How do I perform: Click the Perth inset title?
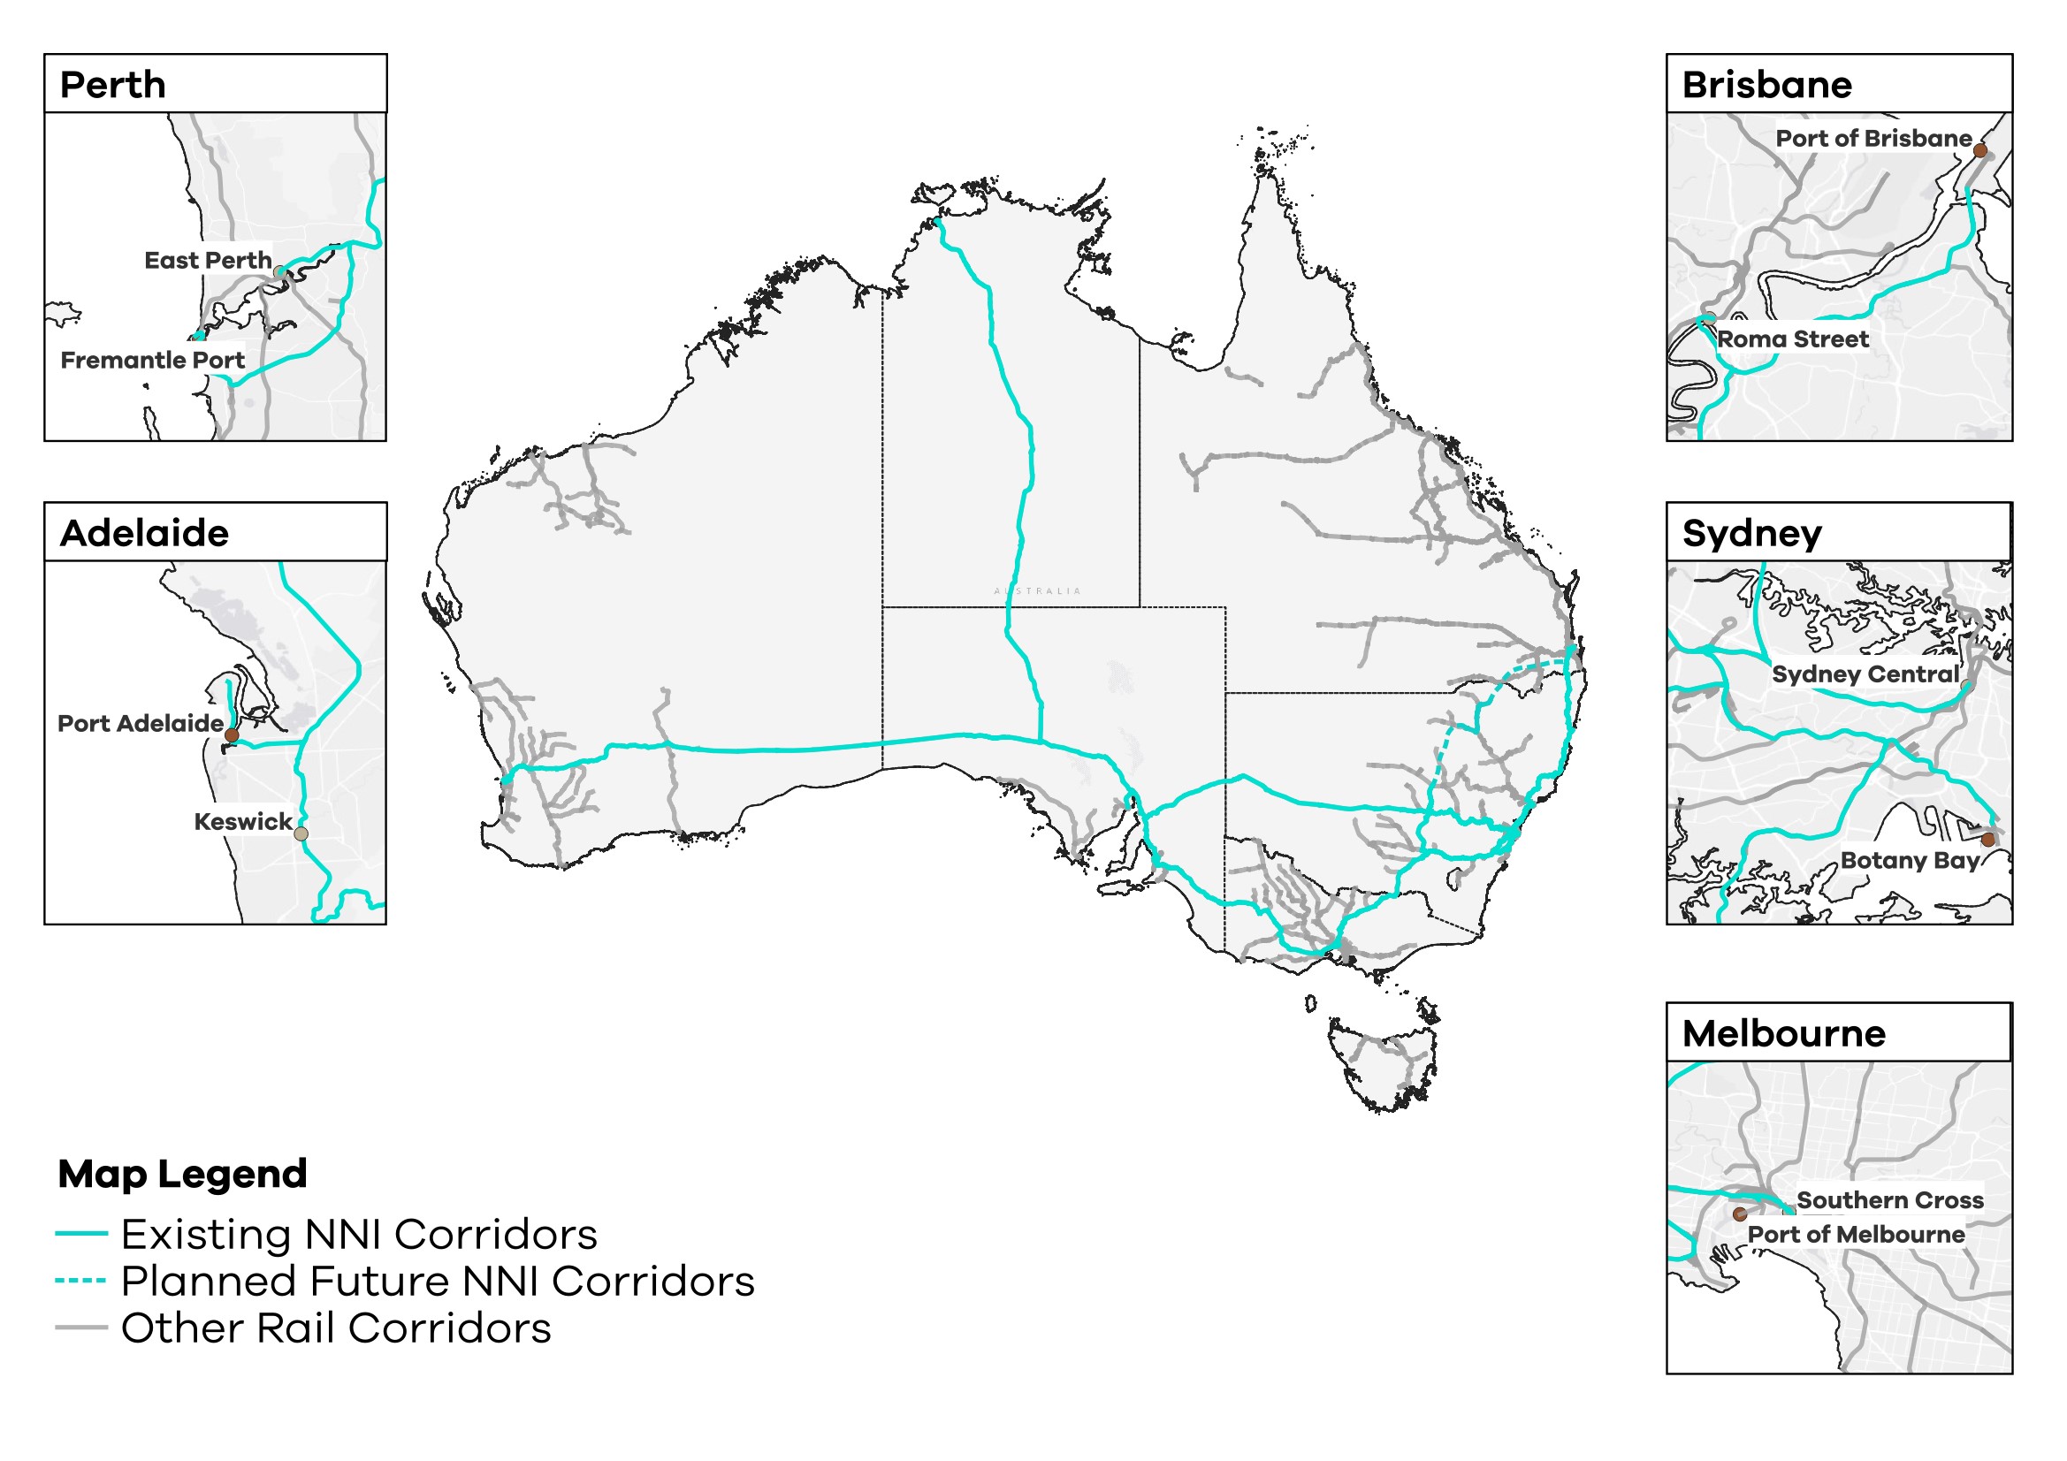112,85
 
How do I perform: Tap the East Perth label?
207,260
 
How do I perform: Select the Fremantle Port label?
152,360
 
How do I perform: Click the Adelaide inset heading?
144,533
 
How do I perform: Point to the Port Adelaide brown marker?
232,735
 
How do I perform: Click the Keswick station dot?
301,834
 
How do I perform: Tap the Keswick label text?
242,821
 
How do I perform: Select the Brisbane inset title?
1766,85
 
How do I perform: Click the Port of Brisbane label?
1873,139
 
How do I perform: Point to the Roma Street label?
1791,339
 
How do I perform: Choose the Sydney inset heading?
1751,533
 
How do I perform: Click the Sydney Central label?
1865,674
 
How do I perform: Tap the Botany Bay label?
1909,861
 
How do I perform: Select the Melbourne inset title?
1782,1033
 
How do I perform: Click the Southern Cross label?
1888,1200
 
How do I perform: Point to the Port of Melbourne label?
1856,1234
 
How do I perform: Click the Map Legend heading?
183,1174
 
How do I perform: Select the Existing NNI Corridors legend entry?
358,1234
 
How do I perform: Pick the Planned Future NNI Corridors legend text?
437,1281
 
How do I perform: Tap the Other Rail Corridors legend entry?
335,1328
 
